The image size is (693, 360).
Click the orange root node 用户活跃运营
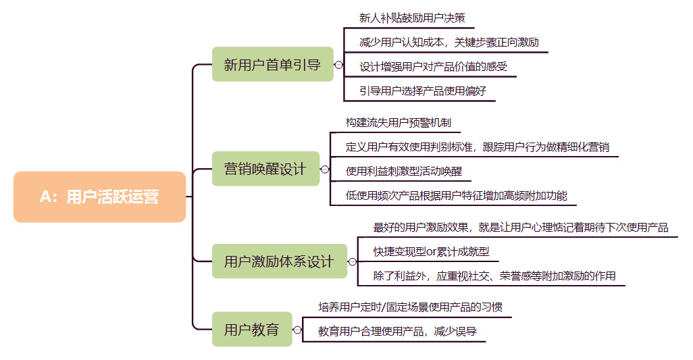coord(99,197)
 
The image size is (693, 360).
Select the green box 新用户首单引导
coord(272,65)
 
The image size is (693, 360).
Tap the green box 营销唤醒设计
coord(265,169)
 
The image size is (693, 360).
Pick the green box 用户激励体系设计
coord(279,261)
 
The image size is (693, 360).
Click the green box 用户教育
coord(251,330)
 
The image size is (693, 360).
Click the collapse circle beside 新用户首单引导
coord(337,65)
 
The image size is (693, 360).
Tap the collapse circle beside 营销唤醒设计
coord(324,169)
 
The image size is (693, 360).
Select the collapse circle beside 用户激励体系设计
coord(351,261)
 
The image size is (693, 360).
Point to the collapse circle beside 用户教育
coord(297,330)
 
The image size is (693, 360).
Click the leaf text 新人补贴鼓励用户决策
coord(412,18)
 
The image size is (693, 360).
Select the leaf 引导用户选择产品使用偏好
coord(423,91)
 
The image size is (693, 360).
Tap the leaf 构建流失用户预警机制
coord(398,123)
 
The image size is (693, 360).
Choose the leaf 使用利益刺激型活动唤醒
coord(403,171)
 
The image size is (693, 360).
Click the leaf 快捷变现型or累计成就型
coord(431,252)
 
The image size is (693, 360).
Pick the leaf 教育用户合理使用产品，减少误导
coord(397,331)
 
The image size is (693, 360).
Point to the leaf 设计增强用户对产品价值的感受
coord(433,66)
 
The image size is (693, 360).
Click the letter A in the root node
coord(45,197)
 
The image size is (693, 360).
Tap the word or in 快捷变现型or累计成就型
coord(432,252)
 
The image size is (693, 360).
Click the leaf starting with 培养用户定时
coord(410,307)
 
